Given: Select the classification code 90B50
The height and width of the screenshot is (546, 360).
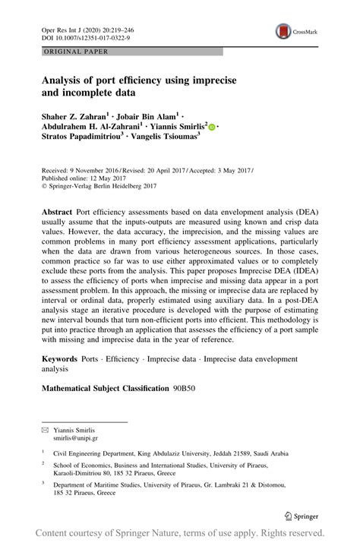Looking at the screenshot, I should coord(186,388).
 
